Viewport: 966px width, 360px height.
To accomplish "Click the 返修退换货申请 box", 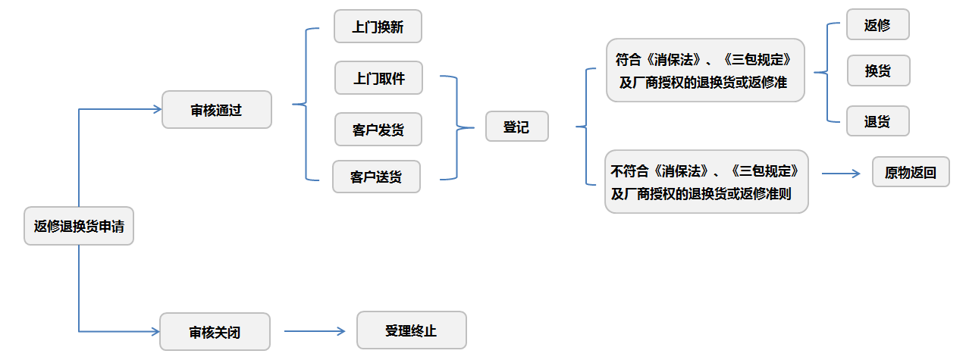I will click(79, 226).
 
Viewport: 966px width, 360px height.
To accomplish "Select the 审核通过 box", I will click(216, 110).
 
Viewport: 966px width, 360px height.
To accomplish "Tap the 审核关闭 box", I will click(215, 331).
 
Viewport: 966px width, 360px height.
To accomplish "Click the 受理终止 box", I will click(411, 330).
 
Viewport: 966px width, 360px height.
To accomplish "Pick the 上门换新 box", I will click(378, 27).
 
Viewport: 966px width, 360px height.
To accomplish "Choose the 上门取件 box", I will click(378, 78).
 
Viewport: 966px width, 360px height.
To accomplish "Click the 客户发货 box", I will click(378, 130).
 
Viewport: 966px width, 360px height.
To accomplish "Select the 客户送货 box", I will click(376, 177).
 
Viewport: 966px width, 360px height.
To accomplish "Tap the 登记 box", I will click(516, 127).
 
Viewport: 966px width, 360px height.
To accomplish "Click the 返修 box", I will click(877, 25).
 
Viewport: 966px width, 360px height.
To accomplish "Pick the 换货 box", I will click(877, 70).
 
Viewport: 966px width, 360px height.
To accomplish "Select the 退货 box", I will click(877, 121).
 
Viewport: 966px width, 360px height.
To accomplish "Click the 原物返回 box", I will click(910, 172).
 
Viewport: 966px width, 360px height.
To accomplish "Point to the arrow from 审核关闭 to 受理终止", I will click(314, 331).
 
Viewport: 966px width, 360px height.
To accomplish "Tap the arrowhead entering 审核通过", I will click(157, 110).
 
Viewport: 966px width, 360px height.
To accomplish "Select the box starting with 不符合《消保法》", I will click(706, 181).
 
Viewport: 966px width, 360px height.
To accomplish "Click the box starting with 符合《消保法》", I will click(705, 70).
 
